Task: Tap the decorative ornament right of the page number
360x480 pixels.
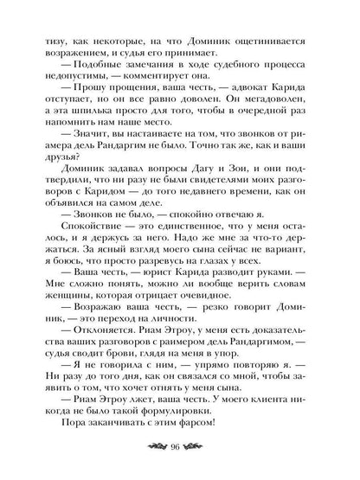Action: pos(204,446)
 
